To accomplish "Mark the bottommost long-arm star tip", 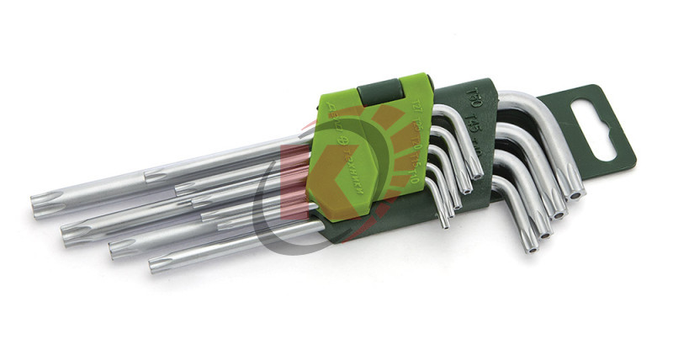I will point(157,267).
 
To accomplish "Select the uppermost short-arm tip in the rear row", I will point(476,172).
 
